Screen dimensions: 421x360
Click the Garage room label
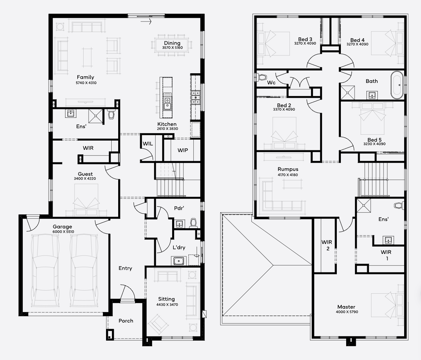pyautogui.click(x=62, y=227)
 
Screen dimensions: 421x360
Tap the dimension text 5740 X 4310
pyautogui.click(x=86, y=83)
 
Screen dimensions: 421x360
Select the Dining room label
pyautogui.click(x=172, y=43)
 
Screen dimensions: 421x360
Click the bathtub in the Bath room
pyautogui.click(x=397, y=85)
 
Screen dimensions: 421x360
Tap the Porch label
pyautogui.click(x=126, y=321)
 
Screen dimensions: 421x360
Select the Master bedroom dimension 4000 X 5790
pyautogui.click(x=347, y=312)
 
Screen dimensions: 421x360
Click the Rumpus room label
pyautogui.click(x=288, y=169)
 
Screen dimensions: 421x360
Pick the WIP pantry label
pyautogui.click(x=183, y=150)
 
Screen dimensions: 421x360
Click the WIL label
pyautogui.click(x=148, y=144)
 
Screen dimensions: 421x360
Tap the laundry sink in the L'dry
pyautogui.click(x=179, y=261)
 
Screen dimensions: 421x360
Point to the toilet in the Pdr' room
pyautogui.click(x=193, y=223)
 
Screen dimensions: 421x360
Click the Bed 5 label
pyautogui.click(x=374, y=140)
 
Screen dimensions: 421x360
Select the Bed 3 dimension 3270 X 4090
pyautogui.click(x=305, y=43)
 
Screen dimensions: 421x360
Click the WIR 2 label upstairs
pyautogui.click(x=327, y=245)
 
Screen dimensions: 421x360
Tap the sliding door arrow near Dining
pyautogui.click(x=146, y=22)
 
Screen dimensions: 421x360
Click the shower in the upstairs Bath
pyautogui.click(x=348, y=93)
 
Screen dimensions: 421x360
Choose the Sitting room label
pyautogui.click(x=167, y=299)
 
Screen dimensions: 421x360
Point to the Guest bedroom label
pyautogui.click(x=85, y=174)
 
